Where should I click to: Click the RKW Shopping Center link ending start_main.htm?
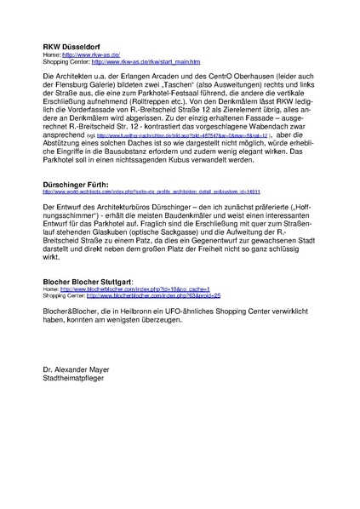[146, 62]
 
